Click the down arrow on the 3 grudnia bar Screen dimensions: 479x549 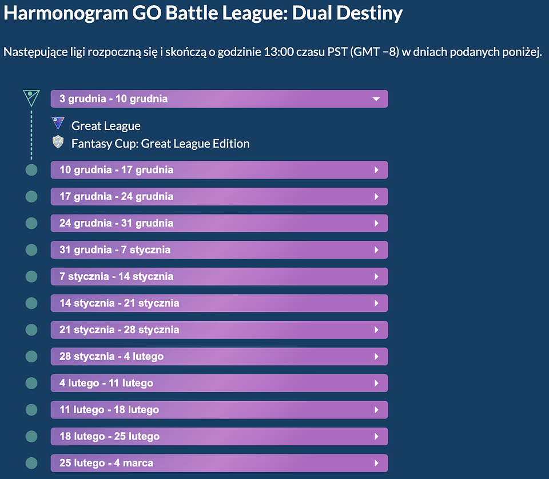(376, 99)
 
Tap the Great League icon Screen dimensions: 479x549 (58, 124)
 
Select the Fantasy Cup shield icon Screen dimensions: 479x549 (58, 142)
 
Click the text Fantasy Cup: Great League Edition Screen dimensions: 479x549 (160, 144)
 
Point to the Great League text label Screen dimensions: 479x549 (106, 126)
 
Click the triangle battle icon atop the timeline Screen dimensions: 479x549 (31, 98)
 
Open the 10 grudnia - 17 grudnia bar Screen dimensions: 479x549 (219, 170)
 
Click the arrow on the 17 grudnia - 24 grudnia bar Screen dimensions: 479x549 (376, 197)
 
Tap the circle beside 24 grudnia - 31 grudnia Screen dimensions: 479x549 (31, 223)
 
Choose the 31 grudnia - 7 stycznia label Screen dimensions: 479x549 (115, 250)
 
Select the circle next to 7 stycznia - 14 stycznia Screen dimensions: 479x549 (31, 276)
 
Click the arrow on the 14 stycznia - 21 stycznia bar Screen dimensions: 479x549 (376, 303)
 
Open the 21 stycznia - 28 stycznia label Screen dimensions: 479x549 (119, 330)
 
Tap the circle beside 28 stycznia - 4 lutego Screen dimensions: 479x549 (31, 357)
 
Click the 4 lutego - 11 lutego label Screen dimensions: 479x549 (106, 383)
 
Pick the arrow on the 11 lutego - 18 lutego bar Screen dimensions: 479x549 (376, 410)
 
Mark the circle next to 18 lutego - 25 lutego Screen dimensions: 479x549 (31, 436)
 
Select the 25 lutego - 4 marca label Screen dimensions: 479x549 (106, 463)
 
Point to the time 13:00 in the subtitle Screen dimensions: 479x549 (279, 52)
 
